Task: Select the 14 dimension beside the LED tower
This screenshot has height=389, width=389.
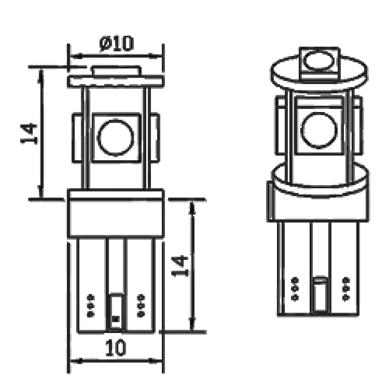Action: (29, 133)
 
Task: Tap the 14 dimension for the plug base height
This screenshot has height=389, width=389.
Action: (180, 266)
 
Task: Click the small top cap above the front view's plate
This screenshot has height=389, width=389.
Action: (116, 71)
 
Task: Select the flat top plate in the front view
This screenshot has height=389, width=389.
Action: (116, 81)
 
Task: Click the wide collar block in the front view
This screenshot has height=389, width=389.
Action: (116, 214)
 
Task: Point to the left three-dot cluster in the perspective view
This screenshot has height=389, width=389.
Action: (295, 288)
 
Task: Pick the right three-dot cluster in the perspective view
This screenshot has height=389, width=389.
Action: (345, 288)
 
